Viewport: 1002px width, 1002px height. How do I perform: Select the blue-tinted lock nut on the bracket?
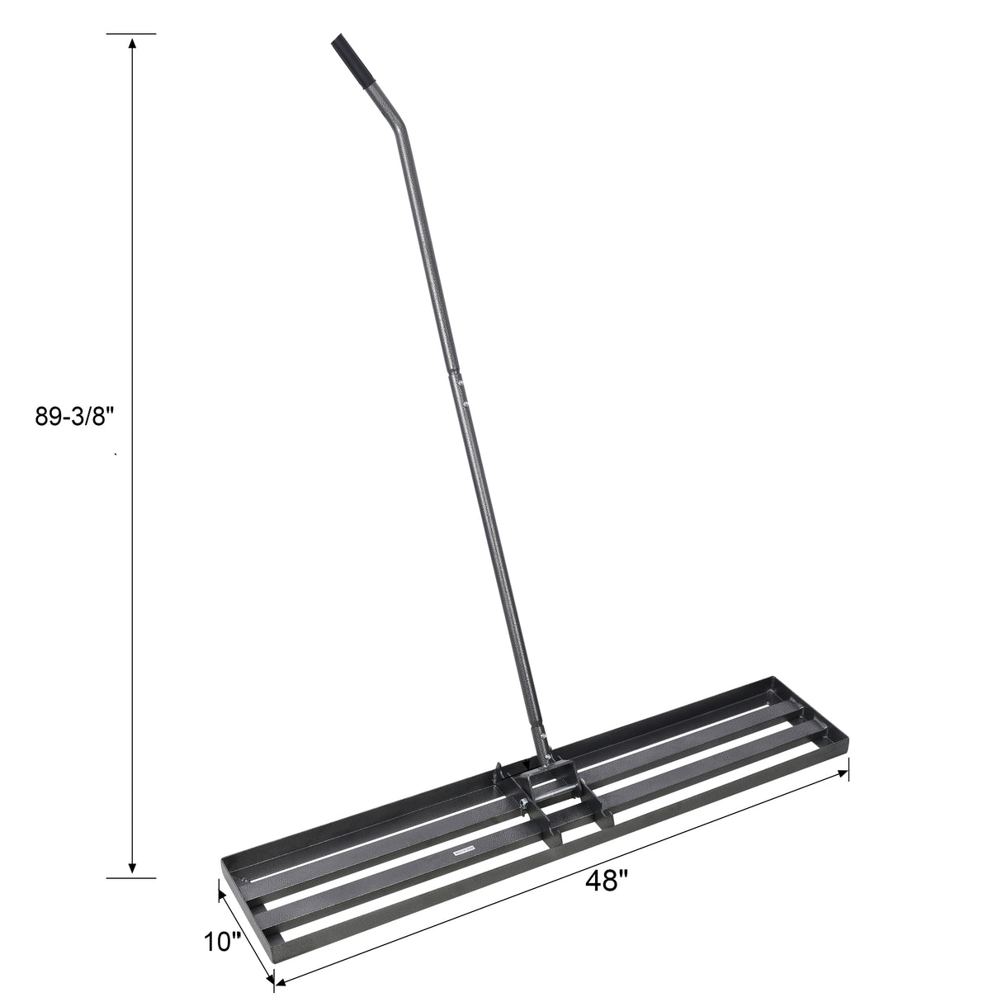[x=524, y=801]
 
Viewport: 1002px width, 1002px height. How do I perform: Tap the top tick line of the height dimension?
[x=131, y=35]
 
